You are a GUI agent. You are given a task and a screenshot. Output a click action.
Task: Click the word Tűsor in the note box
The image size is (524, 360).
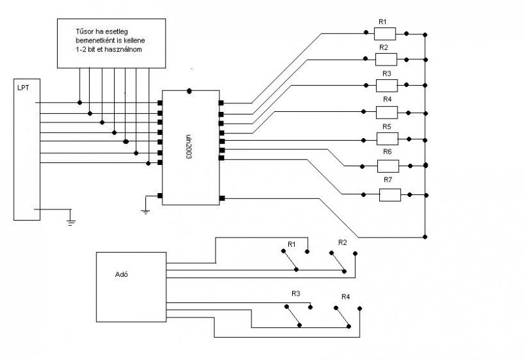click(x=85, y=30)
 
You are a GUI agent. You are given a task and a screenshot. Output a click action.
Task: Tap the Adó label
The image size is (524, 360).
click(x=121, y=274)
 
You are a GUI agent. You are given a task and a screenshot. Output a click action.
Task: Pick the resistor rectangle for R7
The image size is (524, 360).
click(x=390, y=194)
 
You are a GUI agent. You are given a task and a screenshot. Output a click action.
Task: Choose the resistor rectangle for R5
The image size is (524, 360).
click(x=386, y=138)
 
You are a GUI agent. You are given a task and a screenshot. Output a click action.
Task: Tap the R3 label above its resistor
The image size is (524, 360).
click(x=386, y=74)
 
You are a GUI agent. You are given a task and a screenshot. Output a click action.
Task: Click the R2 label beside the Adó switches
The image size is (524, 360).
click(x=342, y=242)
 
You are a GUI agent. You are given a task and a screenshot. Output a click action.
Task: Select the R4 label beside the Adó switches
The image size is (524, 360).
click(x=345, y=297)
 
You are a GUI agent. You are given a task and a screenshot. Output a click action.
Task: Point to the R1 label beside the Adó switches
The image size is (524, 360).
click(x=291, y=245)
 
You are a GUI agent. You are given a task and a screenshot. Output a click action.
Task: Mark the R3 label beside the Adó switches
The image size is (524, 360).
click(x=296, y=294)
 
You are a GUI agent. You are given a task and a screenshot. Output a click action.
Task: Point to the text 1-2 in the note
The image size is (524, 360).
click(x=82, y=50)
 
